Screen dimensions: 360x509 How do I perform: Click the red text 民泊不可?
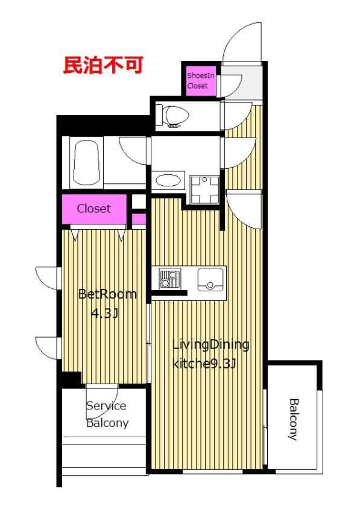(103, 65)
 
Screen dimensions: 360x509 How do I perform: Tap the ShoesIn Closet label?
(201, 81)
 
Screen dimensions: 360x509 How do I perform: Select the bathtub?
(87, 163)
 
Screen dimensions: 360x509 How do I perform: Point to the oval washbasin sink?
(168, 180)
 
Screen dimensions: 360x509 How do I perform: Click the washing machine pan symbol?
(204, 189)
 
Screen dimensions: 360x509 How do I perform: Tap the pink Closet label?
(93, 209)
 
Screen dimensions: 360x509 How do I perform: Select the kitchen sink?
(210, 279)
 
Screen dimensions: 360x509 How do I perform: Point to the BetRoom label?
(107, 294)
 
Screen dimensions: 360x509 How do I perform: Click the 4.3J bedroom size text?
(104, 313)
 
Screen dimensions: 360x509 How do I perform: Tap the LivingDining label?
(210, 345)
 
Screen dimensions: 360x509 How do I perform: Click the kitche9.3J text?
(204, 364)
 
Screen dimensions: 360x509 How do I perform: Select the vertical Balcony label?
(294, 419)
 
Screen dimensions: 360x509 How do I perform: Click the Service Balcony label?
(107, 414)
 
